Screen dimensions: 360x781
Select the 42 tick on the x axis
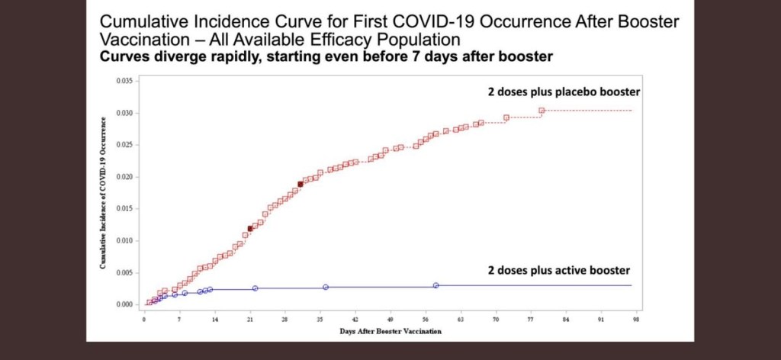tap(355, 321)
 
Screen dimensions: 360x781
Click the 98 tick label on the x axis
tap(637, 321)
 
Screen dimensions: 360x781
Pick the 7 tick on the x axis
tap(179, 321)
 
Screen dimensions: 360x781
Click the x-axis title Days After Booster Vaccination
tap(390, 332)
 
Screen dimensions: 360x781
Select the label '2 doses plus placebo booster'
tap(563, 92)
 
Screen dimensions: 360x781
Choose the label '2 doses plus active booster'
tap(559, 270)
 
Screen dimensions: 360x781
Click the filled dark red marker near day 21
tap(250, 228)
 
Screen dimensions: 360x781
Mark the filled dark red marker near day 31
tap(301, 184)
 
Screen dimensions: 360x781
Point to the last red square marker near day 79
tap(542, 111)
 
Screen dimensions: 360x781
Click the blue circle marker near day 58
tap(435, 285)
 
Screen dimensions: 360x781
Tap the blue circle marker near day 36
tap(326, 287)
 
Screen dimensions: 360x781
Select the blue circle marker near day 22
tap(255, 288)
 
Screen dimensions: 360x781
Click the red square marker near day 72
tap(506, 117)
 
